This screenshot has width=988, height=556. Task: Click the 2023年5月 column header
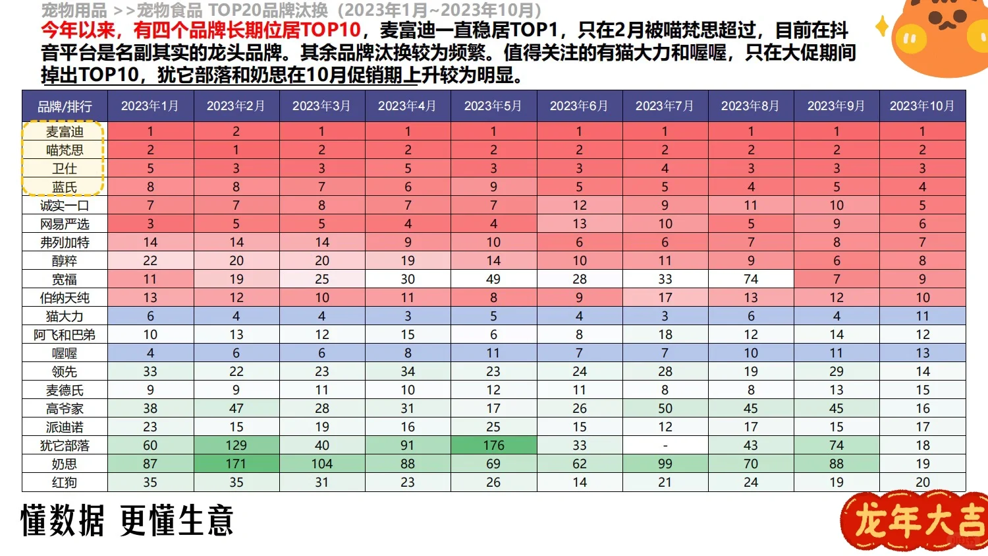click(x=493, y=106)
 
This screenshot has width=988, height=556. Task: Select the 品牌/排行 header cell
click(x=65, y=106)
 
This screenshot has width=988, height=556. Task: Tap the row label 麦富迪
click(x=65, y=131)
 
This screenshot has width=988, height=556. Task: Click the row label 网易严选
click(x=65, y=224)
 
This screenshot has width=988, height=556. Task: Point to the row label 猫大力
click(x=65, y=316)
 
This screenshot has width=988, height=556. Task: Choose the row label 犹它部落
click(x=65, y=445)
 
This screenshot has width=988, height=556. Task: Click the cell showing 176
click(x=493, y=445)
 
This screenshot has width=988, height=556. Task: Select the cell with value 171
click(x=236, y=464)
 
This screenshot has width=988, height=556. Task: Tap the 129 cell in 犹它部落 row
click(x=236, y=445)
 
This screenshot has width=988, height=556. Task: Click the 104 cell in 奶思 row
click(x=321, y=464)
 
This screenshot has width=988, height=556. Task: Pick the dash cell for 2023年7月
click(x=665, y=445)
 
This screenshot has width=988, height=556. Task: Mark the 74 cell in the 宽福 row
click(x=750, y=279)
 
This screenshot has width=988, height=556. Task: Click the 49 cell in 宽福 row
click(x=493, y=279)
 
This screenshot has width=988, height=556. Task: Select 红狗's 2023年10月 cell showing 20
click(x=922, y=482)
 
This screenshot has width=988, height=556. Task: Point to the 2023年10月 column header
click(x=921, y=106)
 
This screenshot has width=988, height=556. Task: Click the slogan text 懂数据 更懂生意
click(x=127, y=520)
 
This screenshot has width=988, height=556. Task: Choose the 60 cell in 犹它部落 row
click(x=150, y=445)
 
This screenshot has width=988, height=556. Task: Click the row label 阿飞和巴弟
click(x=65, y=334)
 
